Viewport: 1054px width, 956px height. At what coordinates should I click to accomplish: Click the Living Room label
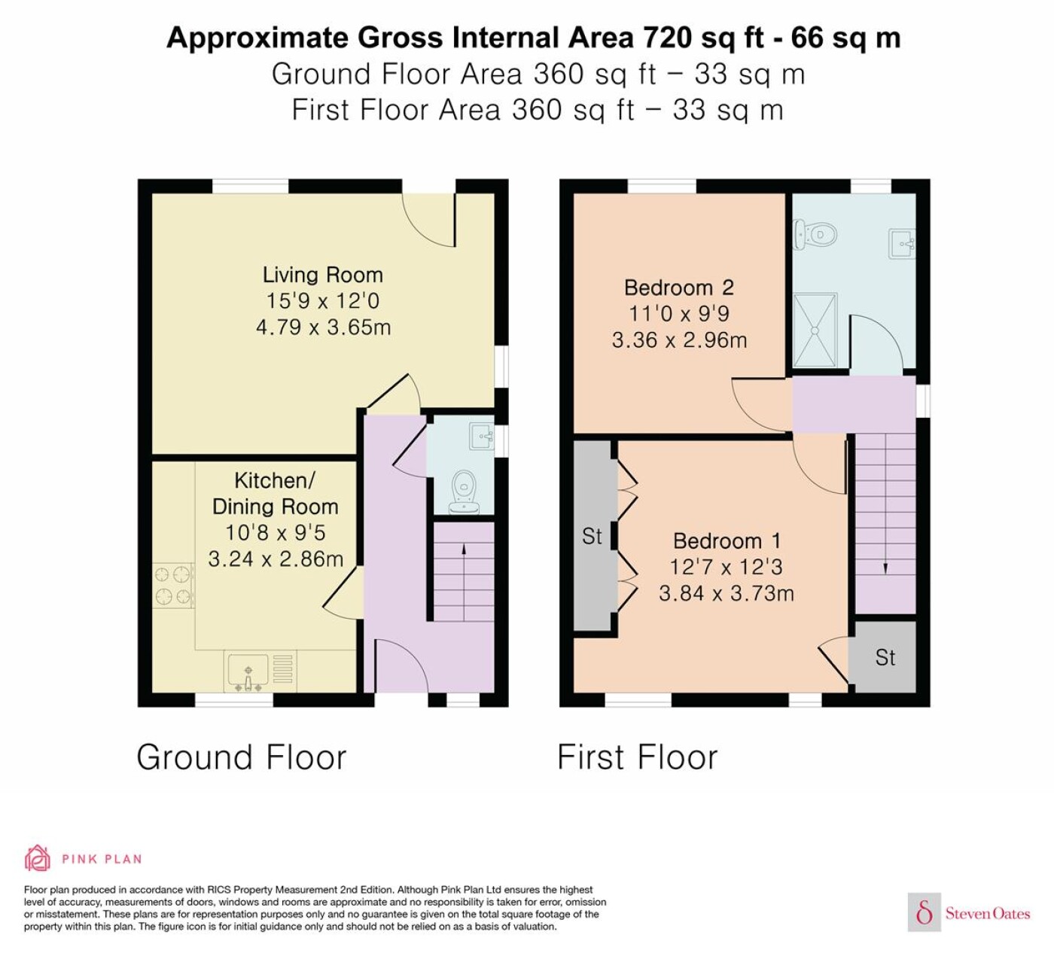pyautogui.click(x=323, y=275)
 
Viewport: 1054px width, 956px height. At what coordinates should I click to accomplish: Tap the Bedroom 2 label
pyautogui.click(x=679, y=288)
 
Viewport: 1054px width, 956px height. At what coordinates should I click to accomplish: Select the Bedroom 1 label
pyautogui.click(x=727, y=540)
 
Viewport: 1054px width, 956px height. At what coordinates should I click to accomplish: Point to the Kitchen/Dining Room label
pyautogui.click(x=276, y=494)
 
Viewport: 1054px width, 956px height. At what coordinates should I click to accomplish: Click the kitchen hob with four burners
pyautogui.click(x=173, y=586)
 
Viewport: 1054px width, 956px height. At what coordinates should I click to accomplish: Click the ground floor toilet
pyautogui.click(x=464, y=492)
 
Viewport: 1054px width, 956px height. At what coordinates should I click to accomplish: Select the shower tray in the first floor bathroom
pyautogui.click(x=815, y=330)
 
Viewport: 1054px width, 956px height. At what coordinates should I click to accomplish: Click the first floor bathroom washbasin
pyautogui.click(x=902, y=243)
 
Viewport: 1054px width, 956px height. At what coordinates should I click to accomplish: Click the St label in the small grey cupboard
pyautogui.click(x=885, y=657)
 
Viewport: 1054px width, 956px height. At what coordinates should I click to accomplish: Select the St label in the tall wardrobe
pyautogui.click(x=592, y=536)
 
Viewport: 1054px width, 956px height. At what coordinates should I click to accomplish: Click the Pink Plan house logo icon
pyautogui.click(x=38, y=858)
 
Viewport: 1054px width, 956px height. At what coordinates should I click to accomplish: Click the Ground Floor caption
pyautogui.click(x=242, y=757)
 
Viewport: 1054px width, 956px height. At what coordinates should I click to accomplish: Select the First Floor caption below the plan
pyautogui.click(x=638, y=757)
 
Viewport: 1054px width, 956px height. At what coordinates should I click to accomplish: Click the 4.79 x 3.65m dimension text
pyautogui.click(x=323, y=327)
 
